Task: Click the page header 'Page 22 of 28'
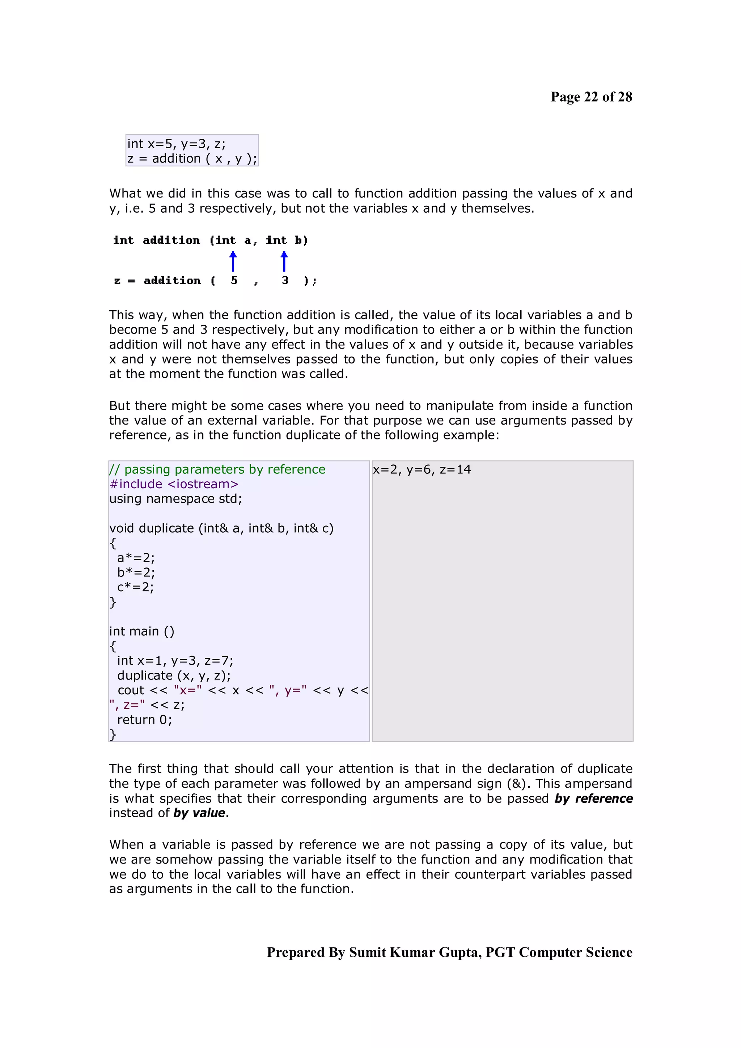point(591,97)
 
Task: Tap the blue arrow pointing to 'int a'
point(233,261)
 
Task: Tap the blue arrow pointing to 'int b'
point(284,261)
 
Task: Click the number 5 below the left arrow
point(234,280)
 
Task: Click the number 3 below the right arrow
point(285,280)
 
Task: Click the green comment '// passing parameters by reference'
point(217,469)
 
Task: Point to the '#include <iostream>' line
point(174,484)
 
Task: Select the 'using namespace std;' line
point(176,498)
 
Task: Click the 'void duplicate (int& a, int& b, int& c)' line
point(221,528)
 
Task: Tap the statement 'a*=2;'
point(136,558)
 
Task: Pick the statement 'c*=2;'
point(136,587)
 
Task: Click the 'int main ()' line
point(141,631)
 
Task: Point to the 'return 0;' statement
point(144,720)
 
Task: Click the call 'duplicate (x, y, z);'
point(174,676)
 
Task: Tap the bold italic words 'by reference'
point(593,798)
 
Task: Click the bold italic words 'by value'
point(199,813)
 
